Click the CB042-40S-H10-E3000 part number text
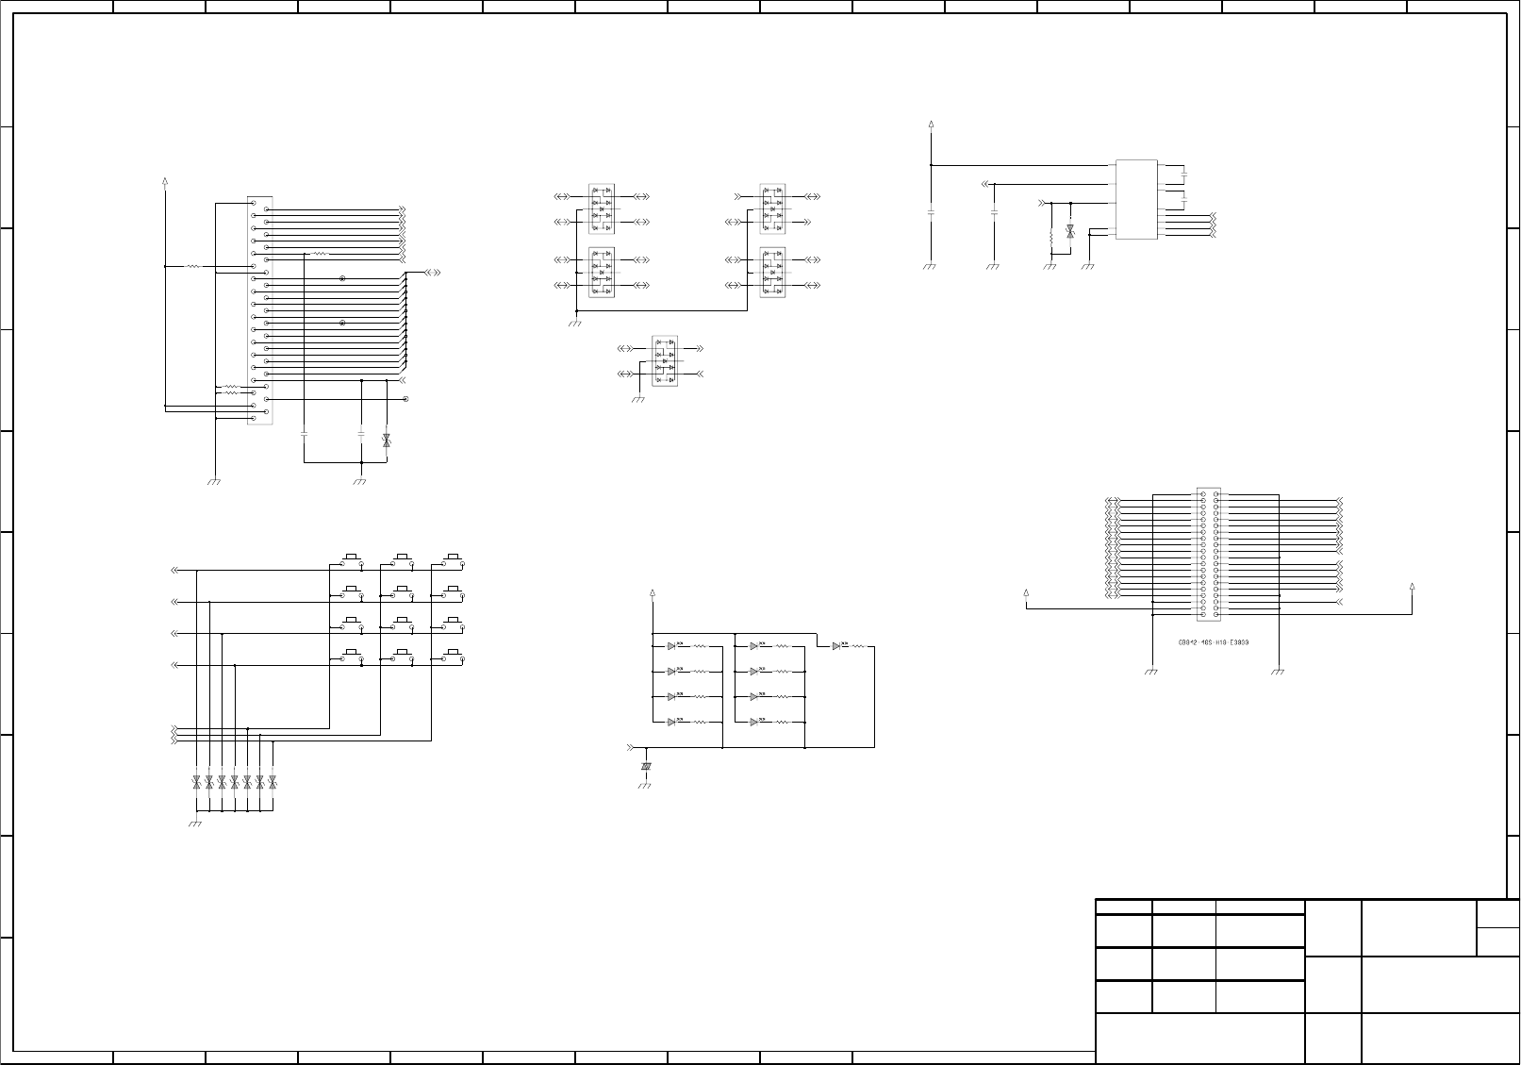click(1214, 642)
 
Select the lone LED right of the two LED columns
click(836, 646)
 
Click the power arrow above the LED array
click(653, 593)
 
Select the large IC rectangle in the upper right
click(1136, 199)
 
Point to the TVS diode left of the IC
click(1069, 230)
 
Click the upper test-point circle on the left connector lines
click(342, 279)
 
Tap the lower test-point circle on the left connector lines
click(342, 324)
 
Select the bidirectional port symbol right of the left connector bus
click(433, 273)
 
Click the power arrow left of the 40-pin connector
click(1026, 593)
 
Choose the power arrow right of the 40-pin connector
click(1412, 587)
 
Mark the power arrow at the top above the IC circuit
click(931, 124)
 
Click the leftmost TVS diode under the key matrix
click(196, 782)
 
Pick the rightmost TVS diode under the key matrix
click(273, 782)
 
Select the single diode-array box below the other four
click(665, 360)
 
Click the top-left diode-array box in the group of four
click(601, 208)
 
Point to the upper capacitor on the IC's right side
click(1183, 175)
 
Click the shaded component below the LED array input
click(646, 767)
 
